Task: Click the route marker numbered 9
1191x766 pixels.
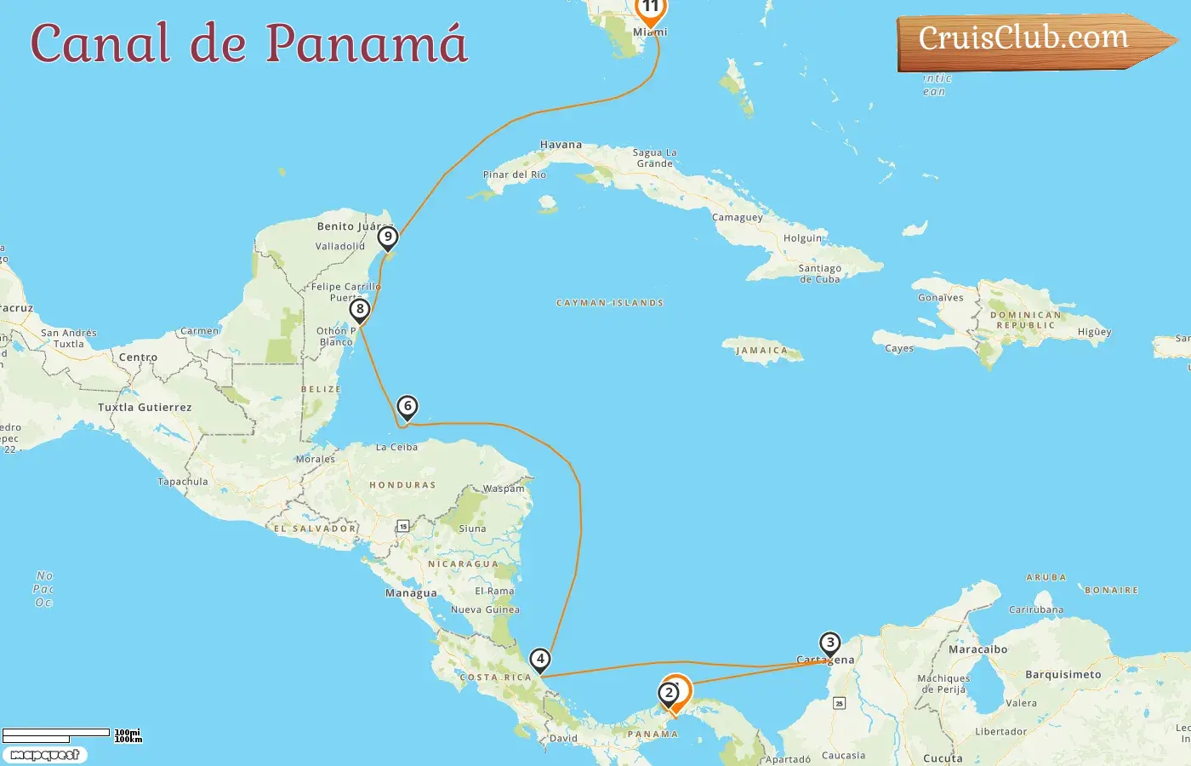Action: coord(388,237)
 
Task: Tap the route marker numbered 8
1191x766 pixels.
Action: coord(360,310)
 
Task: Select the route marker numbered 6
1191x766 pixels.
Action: coord(407,407)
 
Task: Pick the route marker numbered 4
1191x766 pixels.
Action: coord(540,659)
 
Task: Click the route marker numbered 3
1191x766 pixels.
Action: coord(830,643)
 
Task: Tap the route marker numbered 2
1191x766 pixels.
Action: coord(669,693)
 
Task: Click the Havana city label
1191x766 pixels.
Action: coord(561,145)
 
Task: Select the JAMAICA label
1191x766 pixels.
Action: coord(761,351)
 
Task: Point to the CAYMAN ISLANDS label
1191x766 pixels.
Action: coord(609,303)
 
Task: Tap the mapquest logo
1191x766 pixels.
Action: coord(44,755)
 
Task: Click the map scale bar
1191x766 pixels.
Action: coord(56,735)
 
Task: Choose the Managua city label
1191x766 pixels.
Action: coord(411,593)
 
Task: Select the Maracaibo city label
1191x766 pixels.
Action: coord(977,649)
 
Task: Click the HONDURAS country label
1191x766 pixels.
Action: coord(402,485)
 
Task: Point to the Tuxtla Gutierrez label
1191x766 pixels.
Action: coord(145,408)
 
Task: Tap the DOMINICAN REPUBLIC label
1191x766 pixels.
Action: coord(1025,320)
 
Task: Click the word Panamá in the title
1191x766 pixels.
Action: coord(367,43)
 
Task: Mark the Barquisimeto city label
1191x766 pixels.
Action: coord(1063,675)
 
